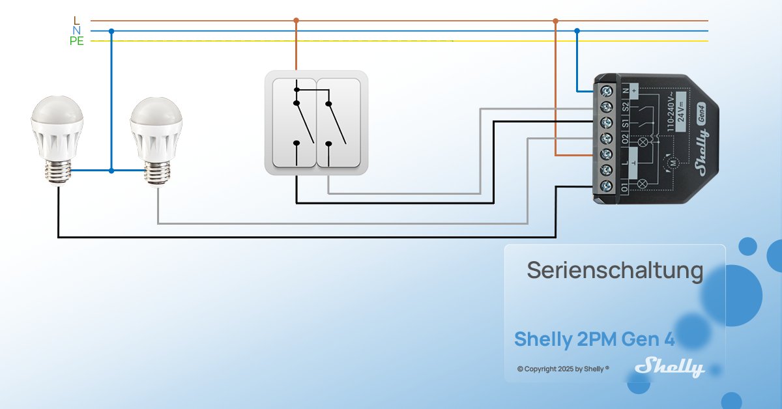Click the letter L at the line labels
[77, 21]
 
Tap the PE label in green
[77, 42]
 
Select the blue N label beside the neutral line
[77, 31]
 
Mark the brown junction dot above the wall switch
[296, 20]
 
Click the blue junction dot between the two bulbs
[111, 171]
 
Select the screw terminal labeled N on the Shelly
[606, 90]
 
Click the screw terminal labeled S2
[606, 106]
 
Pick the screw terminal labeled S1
[606, 122]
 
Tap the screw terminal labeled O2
[606, 138]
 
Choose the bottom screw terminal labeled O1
[606, 186]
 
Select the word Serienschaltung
[615, 270]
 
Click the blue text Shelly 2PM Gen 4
[594, 339]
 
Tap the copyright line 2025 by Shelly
[563, 369]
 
